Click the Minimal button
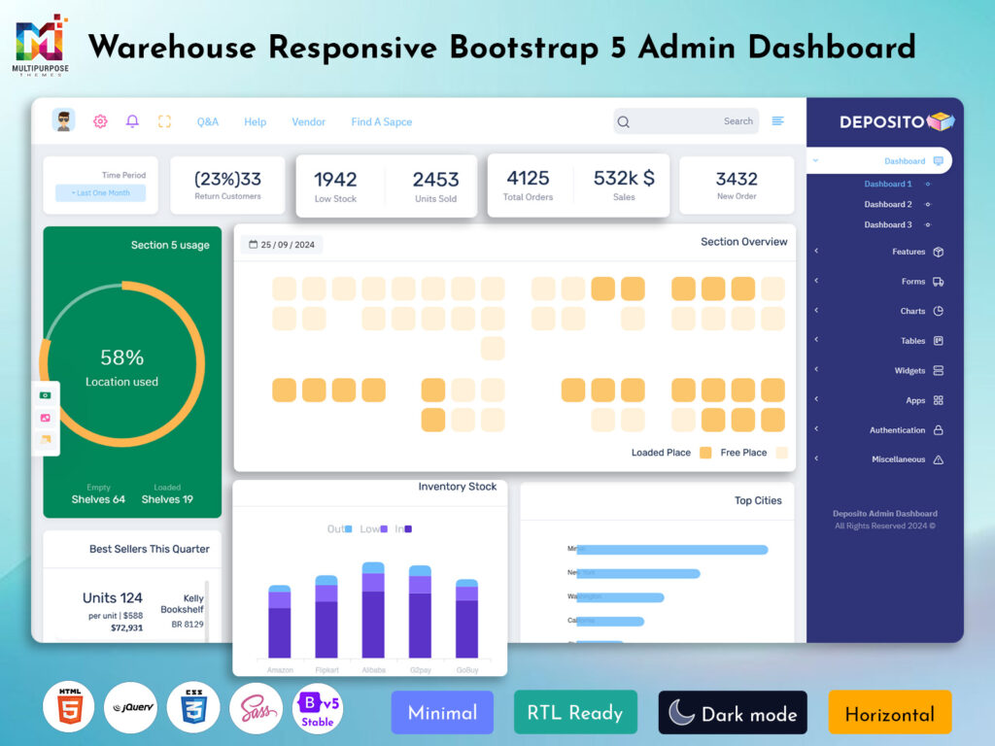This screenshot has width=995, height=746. pyautogui.click(x=442, y=713)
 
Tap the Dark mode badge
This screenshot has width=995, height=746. pyautogui.click(x=733, y=713)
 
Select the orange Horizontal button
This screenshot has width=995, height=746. pyautogui.click(x=889, y=713)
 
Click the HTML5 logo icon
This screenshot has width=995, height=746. pyautogui.click(x=68, y=707)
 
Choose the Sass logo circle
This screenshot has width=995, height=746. pyautogui.click(x=256, y=707)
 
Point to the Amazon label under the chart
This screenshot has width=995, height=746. pyautogui.click(x=280, y=670)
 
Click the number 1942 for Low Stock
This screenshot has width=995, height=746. pyautogui.click(x=335, y=179)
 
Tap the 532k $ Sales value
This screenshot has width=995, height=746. pyautogui.click(x=624, y=178)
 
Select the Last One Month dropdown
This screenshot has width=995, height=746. pyautogui.click(x=100, y=193)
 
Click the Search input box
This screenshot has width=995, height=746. pyautogui.click(x=686, y=121)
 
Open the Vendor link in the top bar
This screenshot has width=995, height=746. pyautogui.click(x=308, y=121)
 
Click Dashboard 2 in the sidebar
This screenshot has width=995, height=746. pyautogui.click(x=888, y=204)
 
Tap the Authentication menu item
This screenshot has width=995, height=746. pyautogui.click(x=897, y=430)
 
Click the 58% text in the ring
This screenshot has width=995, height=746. pyautogui.click(x=121, y=357)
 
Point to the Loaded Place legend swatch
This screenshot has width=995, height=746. pyautogui.click(x=705, y=453)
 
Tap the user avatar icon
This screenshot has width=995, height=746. pyautogui.click(x=64, y=120)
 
